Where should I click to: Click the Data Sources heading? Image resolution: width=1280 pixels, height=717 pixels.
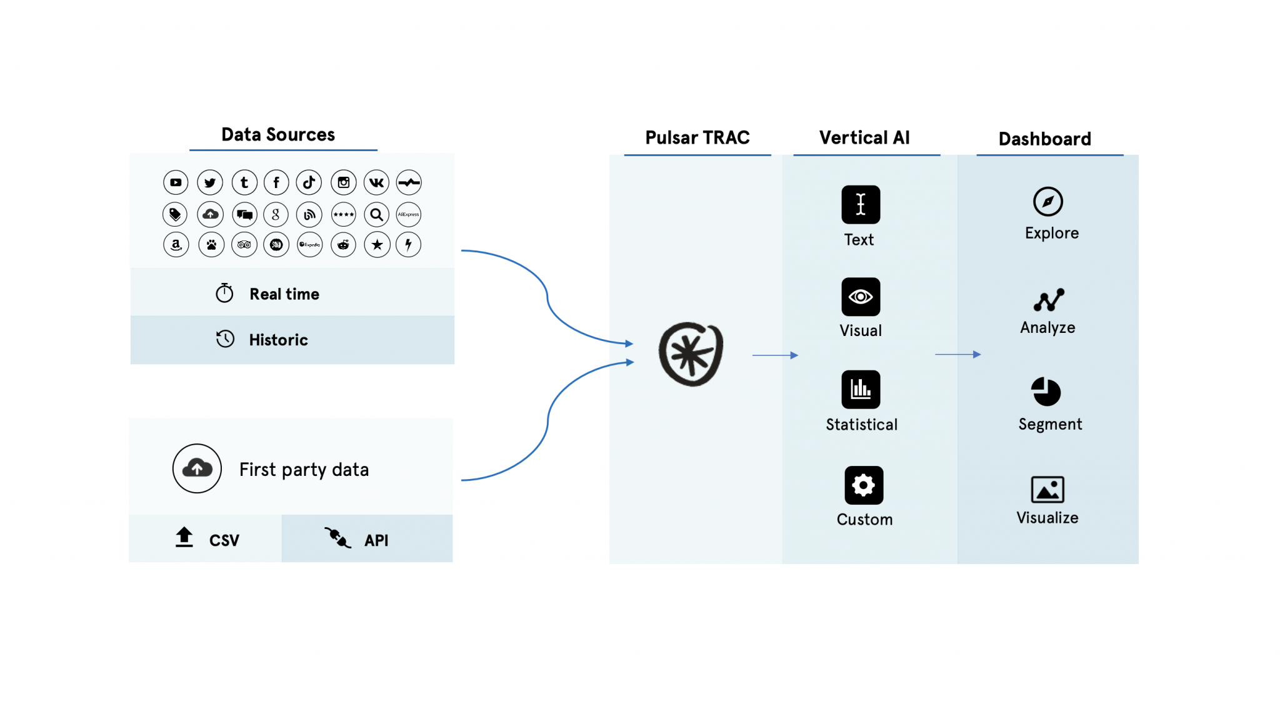278,135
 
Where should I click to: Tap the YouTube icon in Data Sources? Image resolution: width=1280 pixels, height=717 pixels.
176,182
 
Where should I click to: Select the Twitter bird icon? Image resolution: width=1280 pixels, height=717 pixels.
210,182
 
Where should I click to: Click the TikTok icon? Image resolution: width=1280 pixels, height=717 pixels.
309,182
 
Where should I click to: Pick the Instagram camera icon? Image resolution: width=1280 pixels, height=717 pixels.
344,182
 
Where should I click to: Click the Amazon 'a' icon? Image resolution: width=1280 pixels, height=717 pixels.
176,244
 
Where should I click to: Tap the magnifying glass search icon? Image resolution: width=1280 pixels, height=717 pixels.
376,215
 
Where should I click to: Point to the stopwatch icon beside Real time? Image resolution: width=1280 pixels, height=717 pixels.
224,293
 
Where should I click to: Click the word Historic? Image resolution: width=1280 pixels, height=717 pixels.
278,340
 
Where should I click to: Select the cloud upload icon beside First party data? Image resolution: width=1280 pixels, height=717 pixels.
197,468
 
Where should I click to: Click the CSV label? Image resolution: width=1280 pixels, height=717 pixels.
224,540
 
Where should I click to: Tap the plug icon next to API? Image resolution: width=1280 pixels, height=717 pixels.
337,537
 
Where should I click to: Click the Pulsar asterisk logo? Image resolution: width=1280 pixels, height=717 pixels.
691,354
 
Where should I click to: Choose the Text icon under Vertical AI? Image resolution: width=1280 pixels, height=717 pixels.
861,204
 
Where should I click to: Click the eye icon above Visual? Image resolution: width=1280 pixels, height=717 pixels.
861,297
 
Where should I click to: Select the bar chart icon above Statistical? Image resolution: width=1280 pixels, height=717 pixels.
861,389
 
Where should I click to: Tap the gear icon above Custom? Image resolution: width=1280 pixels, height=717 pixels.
864,485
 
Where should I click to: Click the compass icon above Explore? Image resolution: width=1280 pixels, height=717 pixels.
1048,201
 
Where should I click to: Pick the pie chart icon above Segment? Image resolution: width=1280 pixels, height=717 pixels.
1046,392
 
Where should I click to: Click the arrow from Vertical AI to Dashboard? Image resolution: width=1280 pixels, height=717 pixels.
957,355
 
